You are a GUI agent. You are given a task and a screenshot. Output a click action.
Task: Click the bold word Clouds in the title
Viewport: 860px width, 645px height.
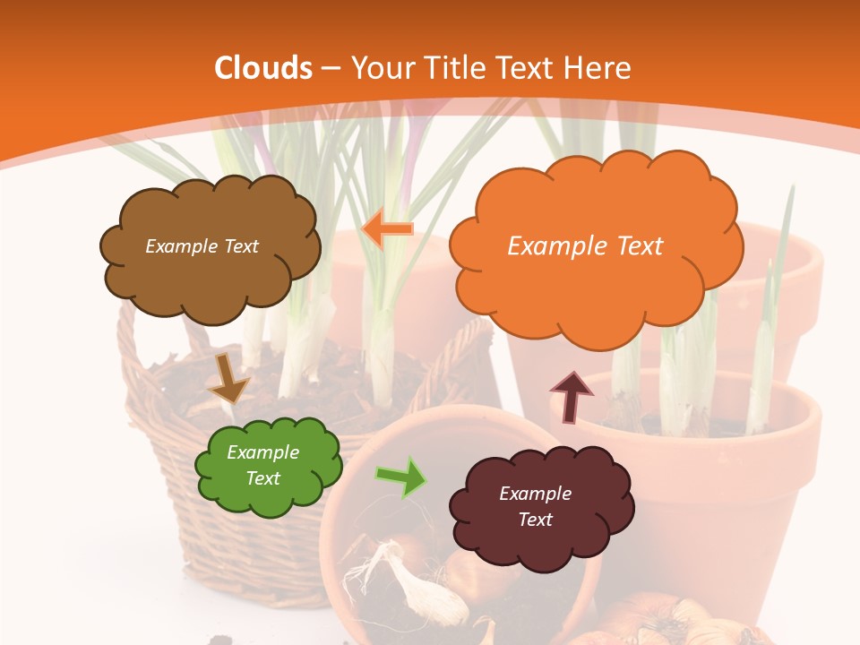pos(263,68)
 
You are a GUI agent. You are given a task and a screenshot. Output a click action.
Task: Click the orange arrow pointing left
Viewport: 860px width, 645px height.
pos(387,229)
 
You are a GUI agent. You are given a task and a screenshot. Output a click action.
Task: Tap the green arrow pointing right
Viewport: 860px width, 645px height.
pos(401,476)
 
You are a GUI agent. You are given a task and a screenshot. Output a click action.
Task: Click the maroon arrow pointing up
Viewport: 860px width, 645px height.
pos(571,396)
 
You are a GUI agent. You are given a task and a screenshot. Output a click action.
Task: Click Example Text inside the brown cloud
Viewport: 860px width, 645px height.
pos(202,246)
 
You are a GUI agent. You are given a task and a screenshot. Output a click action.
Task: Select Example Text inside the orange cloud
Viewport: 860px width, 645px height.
pos(585,246)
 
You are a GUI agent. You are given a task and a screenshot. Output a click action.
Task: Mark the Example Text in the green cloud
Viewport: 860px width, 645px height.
pos(262,465)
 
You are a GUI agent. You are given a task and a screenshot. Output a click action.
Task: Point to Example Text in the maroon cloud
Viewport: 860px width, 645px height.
pos(535,506)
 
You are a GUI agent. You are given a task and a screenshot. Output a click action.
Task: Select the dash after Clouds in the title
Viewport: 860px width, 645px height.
pos(330,68)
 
